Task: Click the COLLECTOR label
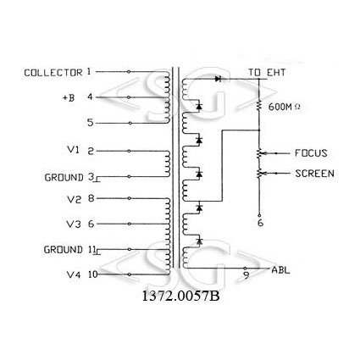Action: (53, 73)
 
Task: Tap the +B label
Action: (69, 98)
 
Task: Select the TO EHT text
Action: (267, 73)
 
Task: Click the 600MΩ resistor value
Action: (285, 107)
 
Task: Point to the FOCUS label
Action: (311, 153)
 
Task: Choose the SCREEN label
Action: (314, 174)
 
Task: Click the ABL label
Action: (280, 270)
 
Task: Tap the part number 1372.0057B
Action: (180, 296)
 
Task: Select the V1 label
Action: (74, 150)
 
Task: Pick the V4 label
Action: (74, 274)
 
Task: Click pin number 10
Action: (92, 274)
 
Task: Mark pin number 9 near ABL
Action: (246, 275)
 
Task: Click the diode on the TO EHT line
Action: (218, 79)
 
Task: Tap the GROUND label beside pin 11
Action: (63, 250)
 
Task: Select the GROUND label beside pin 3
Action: (64, 178)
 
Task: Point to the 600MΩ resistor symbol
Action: (258, 106)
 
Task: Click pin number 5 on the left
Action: (91, 123)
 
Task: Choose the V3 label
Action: (74, 224)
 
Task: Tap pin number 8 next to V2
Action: (91, 198)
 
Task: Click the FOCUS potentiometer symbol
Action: (259, 153)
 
